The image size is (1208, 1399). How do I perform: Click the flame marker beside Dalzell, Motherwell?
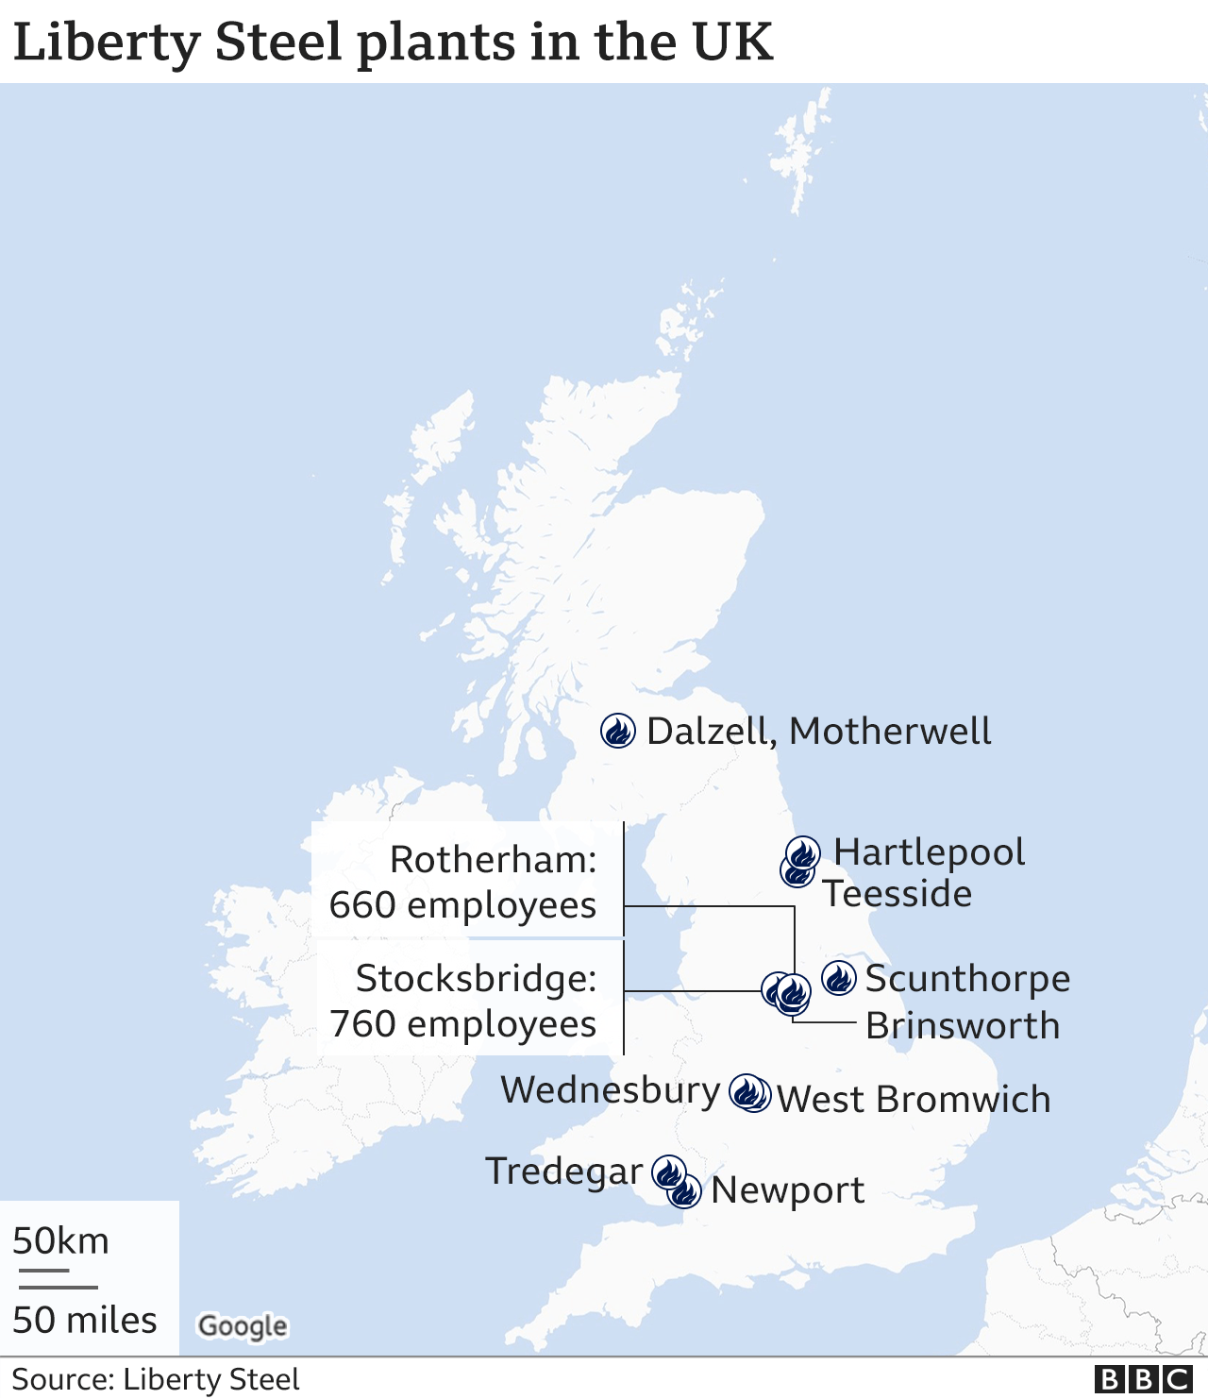618,730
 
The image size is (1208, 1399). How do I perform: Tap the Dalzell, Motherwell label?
818,732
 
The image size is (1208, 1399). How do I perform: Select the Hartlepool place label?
929,851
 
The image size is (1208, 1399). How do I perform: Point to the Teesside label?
897,893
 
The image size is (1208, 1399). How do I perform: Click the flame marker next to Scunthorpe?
838,978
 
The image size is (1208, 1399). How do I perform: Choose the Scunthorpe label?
967,979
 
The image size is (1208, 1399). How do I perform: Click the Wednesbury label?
611,1090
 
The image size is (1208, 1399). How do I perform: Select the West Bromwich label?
913,1100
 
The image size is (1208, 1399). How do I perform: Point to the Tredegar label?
563,1171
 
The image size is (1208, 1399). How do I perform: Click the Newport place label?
787,1190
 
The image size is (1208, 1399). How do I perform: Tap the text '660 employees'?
462,905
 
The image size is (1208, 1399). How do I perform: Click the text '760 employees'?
462,1024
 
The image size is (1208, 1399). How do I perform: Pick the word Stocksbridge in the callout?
476,979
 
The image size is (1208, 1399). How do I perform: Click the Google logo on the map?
243,1326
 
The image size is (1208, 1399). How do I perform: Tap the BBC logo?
1143,1379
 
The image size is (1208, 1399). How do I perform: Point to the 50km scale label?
61,1241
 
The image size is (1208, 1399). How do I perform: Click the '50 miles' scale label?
85,1321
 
